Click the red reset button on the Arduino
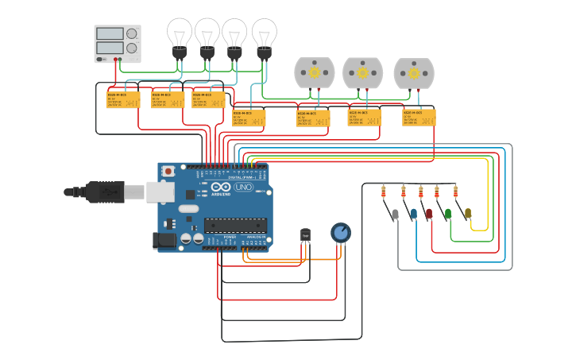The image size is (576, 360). [168, 171]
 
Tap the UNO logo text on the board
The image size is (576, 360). [243, 188]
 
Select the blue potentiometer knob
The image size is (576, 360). [340, 232]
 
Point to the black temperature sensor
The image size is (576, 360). [305, 235]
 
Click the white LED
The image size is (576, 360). [395, 214]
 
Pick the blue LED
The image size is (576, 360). [413, 214]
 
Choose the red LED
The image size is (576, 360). [429, 214]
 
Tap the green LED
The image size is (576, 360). [448, 214]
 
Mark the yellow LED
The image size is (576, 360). [468, 214]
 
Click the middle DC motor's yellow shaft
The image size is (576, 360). [362, 72]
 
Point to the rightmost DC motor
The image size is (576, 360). [414, 73]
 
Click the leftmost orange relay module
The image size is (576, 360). [123, 99]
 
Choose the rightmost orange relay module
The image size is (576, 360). [419, 118]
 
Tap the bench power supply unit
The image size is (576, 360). [118, 43]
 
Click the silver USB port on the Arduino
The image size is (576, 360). [160, 192]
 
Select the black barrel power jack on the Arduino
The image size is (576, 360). [164, 239]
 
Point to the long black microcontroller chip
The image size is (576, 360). [235, 225]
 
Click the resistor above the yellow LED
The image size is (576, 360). [455, 192]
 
